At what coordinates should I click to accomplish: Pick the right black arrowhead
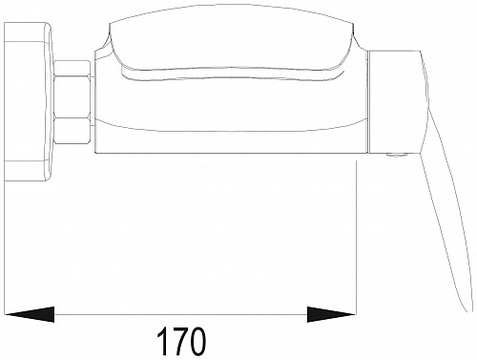(330, 312)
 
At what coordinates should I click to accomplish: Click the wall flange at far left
(27, 100)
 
